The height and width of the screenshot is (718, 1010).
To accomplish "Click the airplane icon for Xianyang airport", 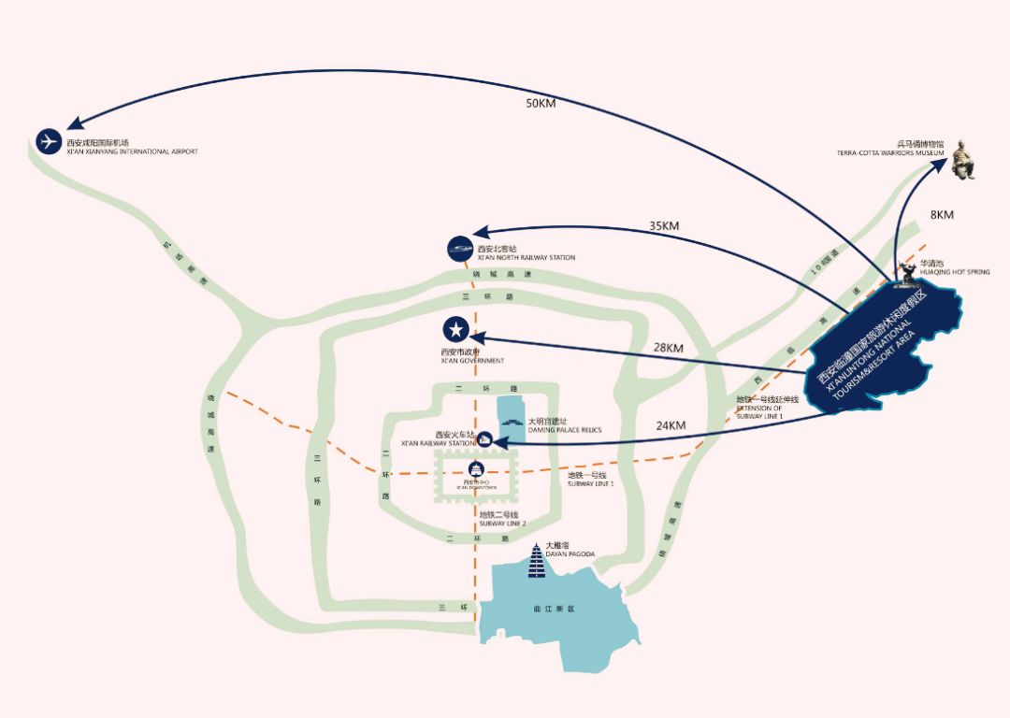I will point(49,141).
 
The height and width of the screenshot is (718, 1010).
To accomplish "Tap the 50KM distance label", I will point(541,104).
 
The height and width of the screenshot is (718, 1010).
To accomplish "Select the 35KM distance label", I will point(664,225).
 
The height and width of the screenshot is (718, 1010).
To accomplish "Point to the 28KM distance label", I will point(669,348).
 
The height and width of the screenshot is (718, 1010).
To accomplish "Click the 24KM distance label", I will point(671,425).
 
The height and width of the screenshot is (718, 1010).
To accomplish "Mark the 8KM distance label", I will point(942,215).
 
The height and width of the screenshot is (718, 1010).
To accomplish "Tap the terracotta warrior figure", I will point(962,160).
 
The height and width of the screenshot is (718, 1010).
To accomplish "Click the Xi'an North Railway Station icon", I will point(461,249).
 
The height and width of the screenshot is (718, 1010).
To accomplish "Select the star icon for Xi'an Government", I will point(456,329).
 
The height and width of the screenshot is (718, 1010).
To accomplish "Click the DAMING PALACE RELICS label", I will point(565,430).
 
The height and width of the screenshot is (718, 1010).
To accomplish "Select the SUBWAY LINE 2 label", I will point(502,524).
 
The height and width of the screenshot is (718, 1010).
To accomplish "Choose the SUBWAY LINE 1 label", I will point(591,484).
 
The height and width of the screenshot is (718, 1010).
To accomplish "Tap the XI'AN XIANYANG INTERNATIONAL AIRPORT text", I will point(132,151).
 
